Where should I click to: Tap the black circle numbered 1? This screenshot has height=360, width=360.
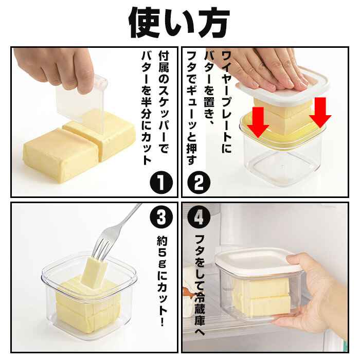click(161, 183)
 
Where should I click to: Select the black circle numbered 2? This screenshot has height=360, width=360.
click(199, 183)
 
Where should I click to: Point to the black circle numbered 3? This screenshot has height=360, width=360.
click(161, 217)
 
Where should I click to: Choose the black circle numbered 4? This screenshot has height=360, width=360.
click(199, 217)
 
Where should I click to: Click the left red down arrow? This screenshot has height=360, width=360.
click(258, 122)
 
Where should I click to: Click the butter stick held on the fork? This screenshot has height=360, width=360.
click(94, 272)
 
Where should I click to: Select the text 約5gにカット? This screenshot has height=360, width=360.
click(162, 281)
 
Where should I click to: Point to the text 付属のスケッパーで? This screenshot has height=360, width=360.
click(164, 102)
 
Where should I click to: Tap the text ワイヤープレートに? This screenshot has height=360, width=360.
click(226, 102)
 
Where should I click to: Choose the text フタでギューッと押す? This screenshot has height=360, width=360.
click(192, 108)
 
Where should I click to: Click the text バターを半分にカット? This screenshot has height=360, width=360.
click(147, 108)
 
